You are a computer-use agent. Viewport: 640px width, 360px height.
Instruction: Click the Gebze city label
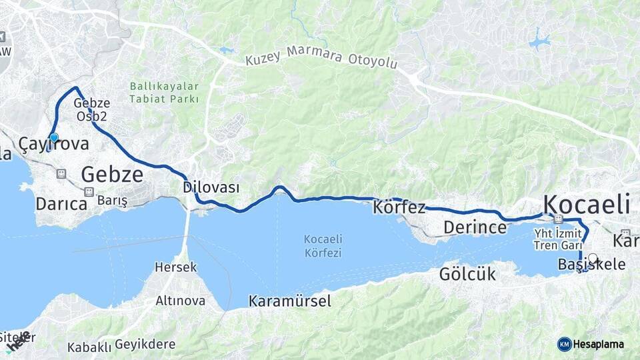click(112, 175)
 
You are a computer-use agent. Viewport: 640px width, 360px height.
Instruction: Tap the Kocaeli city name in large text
click(587, 203)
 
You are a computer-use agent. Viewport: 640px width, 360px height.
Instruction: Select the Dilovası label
click(211, 188)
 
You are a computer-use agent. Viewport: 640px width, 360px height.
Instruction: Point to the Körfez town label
click(399, 207)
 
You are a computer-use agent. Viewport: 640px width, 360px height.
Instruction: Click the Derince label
click(475, 228)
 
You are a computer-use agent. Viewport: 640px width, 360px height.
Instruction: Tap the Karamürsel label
click(289, 301)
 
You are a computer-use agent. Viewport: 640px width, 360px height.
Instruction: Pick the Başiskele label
click(592, 265)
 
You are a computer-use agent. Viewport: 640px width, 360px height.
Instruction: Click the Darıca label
click(62, 203)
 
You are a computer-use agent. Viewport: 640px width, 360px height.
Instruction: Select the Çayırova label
click(53, 144)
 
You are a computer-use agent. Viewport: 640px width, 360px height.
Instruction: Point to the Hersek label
click(176, 267)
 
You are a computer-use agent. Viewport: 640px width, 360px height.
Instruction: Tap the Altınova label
click(180, 301)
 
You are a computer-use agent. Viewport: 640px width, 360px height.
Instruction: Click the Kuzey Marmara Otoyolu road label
click(321, 58)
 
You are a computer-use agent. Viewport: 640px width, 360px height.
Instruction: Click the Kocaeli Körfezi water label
click(323, 246)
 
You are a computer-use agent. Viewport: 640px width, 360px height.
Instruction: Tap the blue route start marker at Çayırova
click(54, 138)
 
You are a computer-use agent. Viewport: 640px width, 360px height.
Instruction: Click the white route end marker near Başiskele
click(593, 257)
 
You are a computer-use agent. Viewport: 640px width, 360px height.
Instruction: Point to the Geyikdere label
click(145, 345)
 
